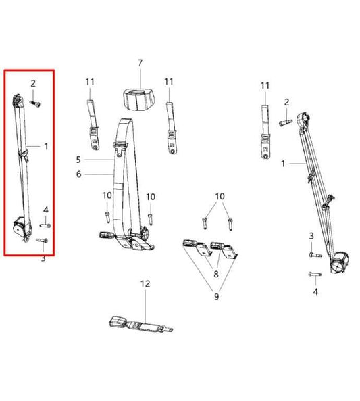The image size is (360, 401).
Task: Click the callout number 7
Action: coord(140,63)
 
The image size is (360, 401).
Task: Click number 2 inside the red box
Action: coord(32,83)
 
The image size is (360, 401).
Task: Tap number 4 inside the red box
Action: coord(46,210)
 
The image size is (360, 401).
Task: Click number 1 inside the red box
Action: coord(46,146)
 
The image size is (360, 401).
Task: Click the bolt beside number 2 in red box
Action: coord(36,104)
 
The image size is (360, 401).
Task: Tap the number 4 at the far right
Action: coord(315,293)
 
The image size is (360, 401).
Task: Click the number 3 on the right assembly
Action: coord(311,235)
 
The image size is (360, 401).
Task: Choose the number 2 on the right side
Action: coord(286,102)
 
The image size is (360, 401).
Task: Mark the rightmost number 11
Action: coord(265,85)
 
